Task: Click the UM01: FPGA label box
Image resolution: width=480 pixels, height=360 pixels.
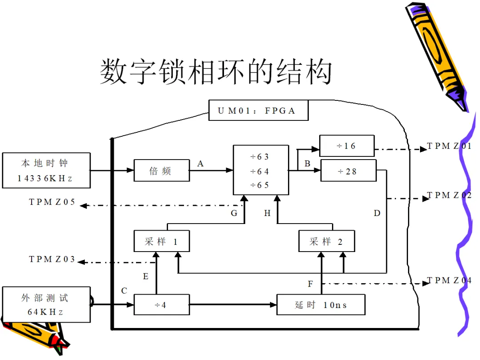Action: tap(258, 110)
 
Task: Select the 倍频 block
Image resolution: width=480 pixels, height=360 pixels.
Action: tap(162, 170)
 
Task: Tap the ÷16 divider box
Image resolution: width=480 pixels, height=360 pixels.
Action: tap(347, 146)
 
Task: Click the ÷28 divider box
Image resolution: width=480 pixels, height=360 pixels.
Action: tap(348, 171)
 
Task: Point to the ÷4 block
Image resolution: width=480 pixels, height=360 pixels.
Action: tap(162, 304)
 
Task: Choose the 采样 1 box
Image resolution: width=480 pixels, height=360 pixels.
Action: tap(162, 241)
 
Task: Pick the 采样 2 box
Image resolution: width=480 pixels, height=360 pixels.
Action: tap(327, 241)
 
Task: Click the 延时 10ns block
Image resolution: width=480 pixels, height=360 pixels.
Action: tap(321, 304)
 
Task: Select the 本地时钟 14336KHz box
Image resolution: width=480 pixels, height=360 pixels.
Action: tap(46, 170)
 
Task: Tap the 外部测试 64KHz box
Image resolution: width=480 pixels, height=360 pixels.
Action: tap(46, 304)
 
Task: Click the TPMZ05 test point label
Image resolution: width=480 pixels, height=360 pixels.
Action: tap(52, 202)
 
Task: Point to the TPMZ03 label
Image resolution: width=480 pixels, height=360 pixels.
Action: tap(52, 259)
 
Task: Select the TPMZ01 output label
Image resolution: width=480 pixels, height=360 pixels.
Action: tap(449, 146)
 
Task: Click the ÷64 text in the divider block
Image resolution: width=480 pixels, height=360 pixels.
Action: tap(260, 172)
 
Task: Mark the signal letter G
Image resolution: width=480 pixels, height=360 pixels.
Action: tap(234, 213)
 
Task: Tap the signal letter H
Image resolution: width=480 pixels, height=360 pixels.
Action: tap(267, 213)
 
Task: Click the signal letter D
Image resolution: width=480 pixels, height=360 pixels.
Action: tap(377, 213)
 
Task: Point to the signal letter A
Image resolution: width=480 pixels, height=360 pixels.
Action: tap(200, 164)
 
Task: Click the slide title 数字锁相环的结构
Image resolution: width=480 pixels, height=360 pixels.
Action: tap(216, 72)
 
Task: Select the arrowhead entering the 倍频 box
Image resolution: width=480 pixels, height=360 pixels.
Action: tap(130, 170)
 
